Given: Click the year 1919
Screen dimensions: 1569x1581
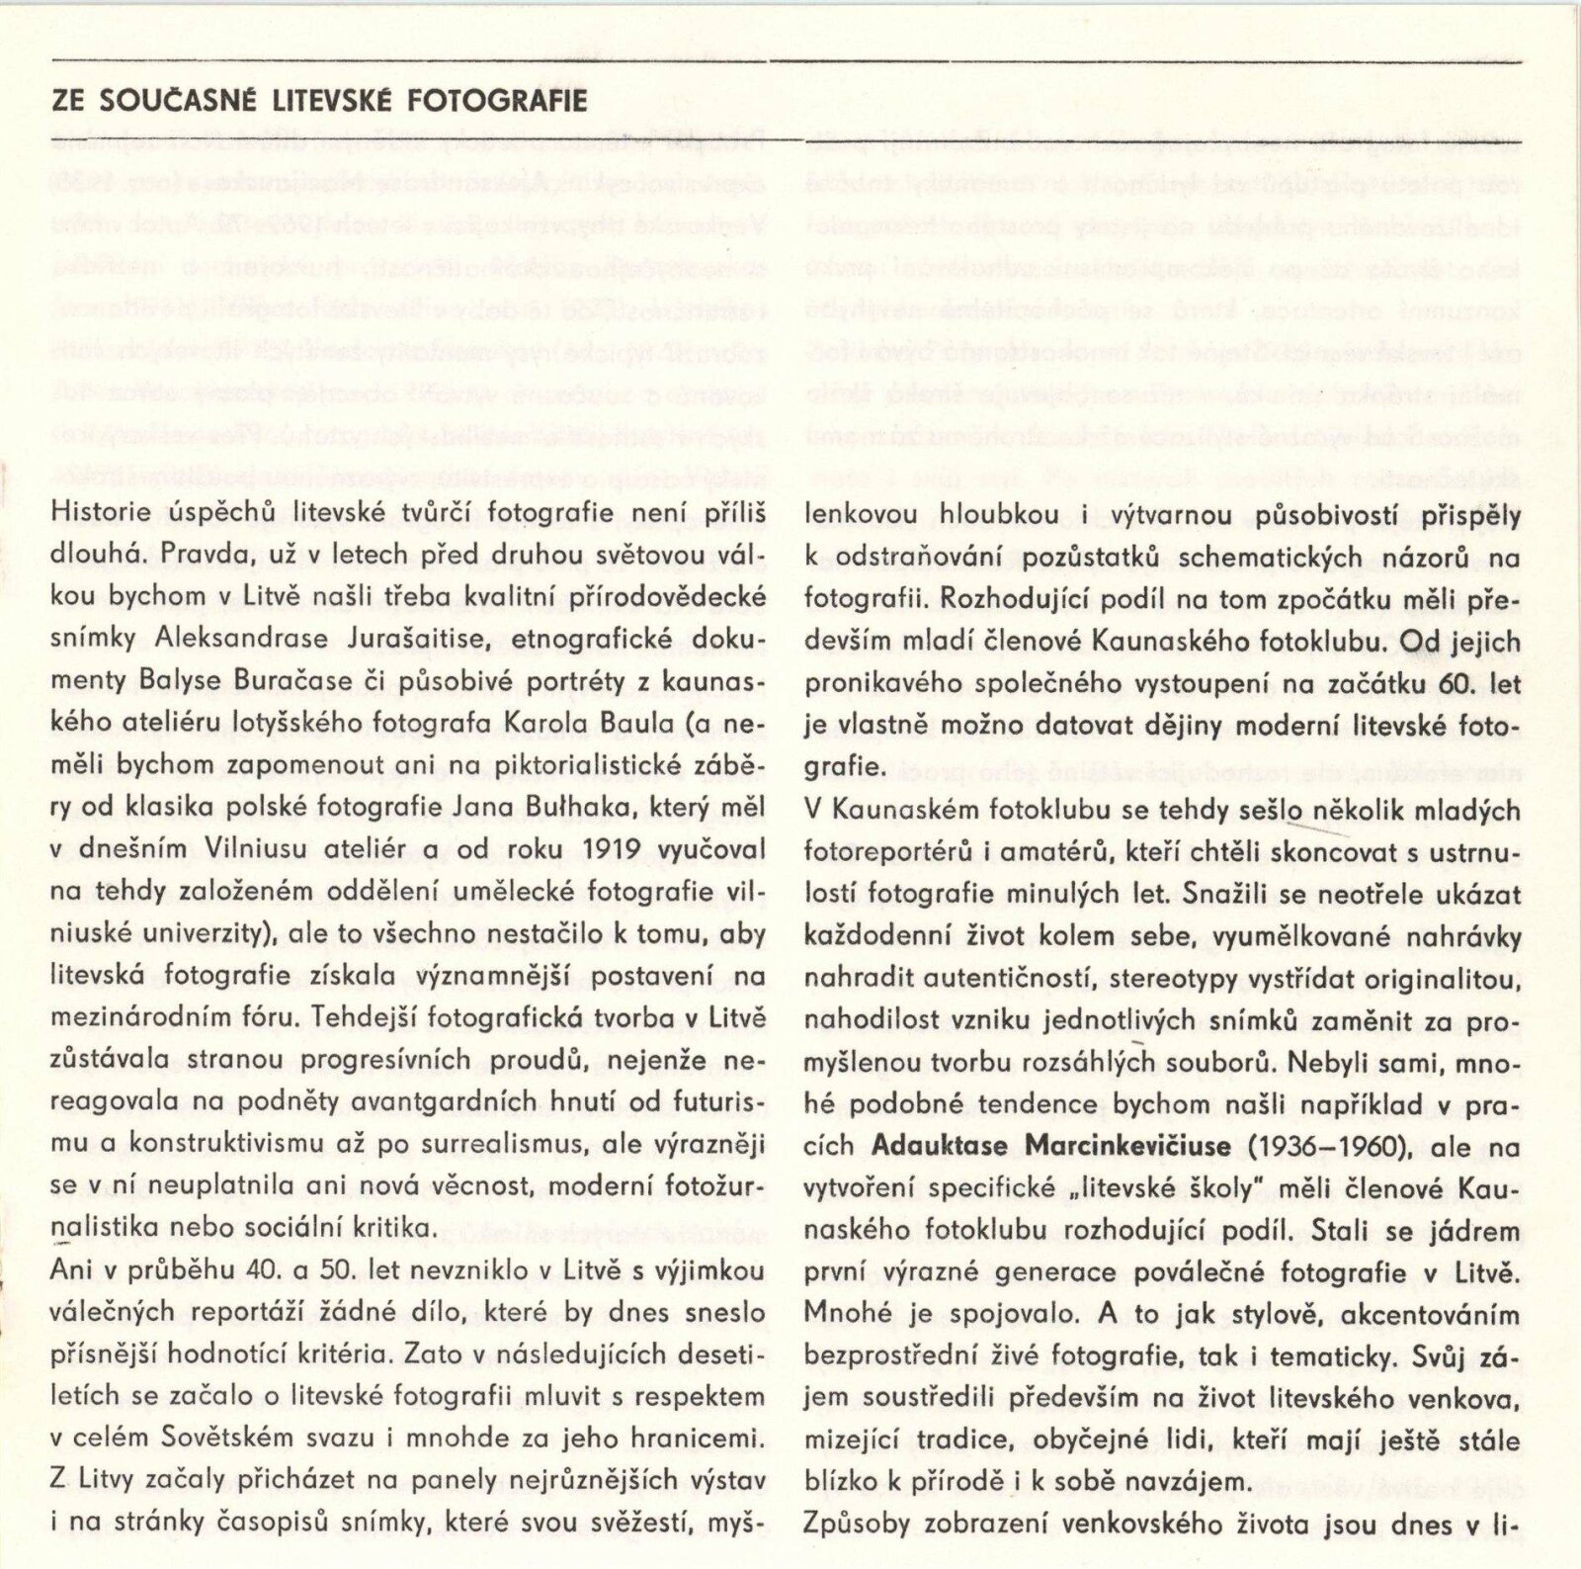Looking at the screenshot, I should pos(618,850).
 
